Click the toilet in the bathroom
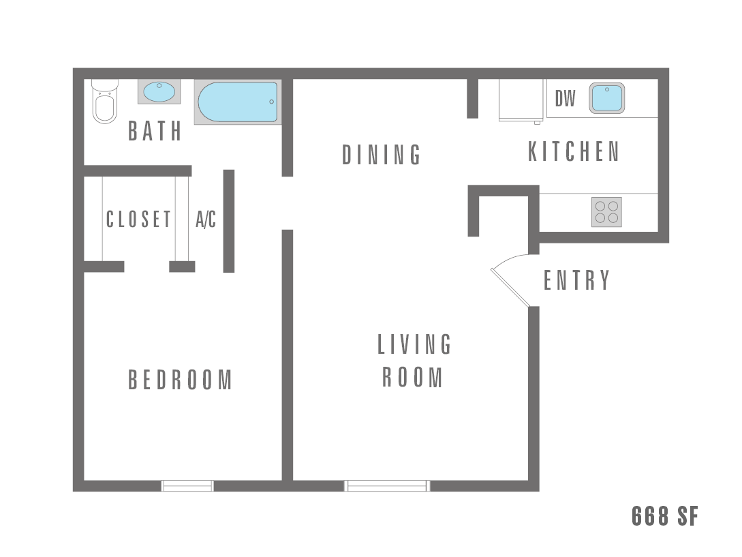105,104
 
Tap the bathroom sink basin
159,91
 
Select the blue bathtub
238,102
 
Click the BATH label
155,131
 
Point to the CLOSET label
138,220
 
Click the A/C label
206,220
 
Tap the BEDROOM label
181,380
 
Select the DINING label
382,155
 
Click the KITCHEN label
574,151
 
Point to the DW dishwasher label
565,100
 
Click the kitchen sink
606,98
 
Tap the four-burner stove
606,212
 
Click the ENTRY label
576,280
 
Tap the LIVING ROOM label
414,361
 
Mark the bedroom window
187,485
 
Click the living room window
387,485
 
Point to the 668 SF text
664,516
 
